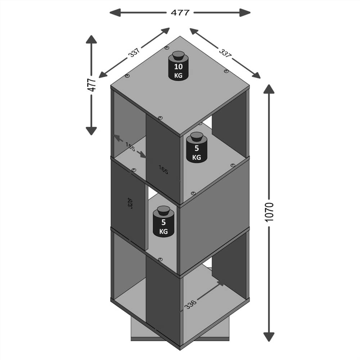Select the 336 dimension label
pos(190,305)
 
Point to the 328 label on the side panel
pos(130,203)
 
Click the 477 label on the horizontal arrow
pos(180,13)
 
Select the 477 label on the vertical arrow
pos(91,85)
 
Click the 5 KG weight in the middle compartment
pos(163,222)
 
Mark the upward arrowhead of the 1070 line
pos(269,89)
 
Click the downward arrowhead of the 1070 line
pos(269,337)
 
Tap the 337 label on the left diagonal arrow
pos(134,53)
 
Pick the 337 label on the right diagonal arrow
pos(225,53)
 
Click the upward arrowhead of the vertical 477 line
pos(91,39)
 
